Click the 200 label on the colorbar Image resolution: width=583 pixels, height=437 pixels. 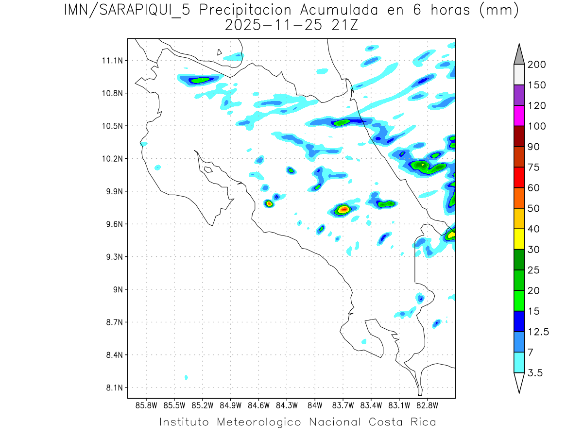click(536, 65)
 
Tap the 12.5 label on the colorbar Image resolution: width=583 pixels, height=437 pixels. click(538, 332)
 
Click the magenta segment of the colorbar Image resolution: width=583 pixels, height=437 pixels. click(519, 116)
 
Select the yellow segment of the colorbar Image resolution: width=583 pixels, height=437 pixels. click(519, 239)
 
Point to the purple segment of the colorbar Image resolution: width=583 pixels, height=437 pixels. click(519, 95)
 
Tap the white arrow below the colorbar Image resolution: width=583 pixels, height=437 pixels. click(519, 382)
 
